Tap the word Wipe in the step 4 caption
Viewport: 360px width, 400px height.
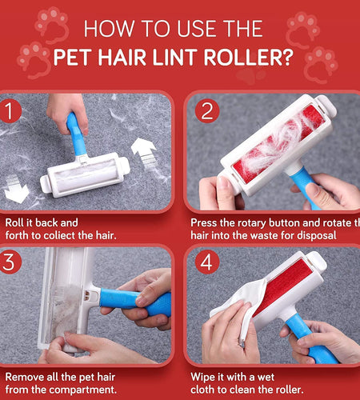pos(205,375)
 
